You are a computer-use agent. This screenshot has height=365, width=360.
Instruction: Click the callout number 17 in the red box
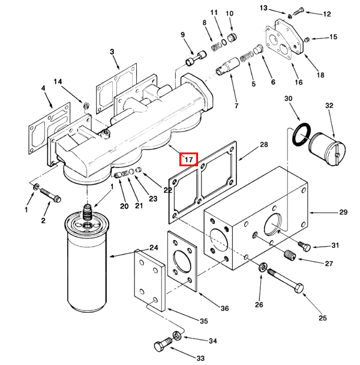click(x=188, y=160)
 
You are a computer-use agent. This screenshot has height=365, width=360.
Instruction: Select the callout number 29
click(x=343, y=213)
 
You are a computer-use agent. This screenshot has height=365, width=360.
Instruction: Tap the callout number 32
click(x=328, y=106)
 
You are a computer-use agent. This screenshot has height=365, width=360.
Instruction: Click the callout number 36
click(x=224, y=309)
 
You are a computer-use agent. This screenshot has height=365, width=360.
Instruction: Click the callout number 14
click(x=58, y=81)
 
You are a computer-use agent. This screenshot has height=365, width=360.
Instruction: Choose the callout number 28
click(x=263, y=145)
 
